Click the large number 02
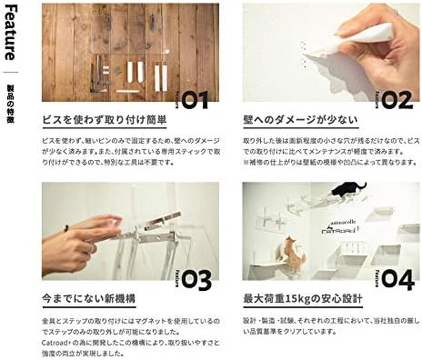pyautogui.click(x=397, y=100)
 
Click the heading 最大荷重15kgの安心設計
pyautogui.click(x=303, y=299)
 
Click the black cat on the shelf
pyautogui.click(x=347, y=189)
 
